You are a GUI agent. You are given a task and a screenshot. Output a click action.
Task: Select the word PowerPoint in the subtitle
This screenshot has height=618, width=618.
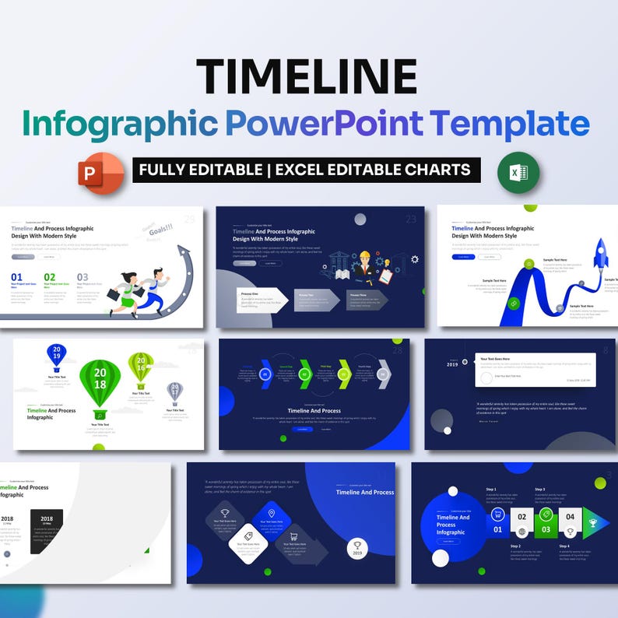[322, 124]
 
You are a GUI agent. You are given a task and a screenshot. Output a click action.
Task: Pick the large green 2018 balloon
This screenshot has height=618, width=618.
[100, 381]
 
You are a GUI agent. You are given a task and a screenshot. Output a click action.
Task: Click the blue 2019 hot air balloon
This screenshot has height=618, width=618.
[57, 356]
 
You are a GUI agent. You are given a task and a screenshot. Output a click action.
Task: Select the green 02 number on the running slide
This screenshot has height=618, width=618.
[50, 277]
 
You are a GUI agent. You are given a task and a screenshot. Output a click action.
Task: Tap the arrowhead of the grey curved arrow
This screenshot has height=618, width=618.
[184, 253]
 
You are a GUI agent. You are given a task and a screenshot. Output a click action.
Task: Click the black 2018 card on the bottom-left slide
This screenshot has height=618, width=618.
[46, 531]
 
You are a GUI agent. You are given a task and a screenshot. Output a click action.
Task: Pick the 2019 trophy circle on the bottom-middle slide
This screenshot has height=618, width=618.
[357, 548]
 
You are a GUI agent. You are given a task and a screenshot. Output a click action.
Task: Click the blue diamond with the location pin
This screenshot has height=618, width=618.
[271, 518]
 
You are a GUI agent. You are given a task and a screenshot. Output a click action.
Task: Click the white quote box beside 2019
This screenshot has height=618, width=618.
[535, 370]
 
